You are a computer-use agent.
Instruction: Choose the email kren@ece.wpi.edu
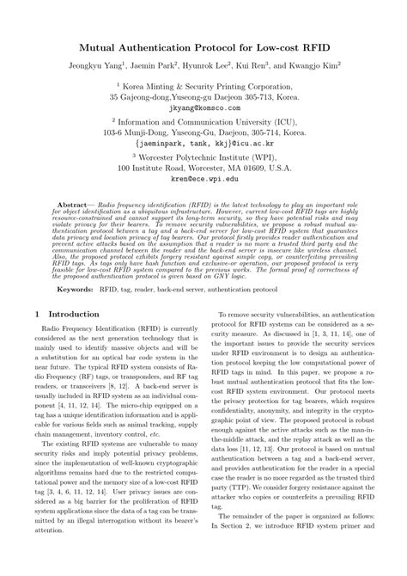coord(203,181)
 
